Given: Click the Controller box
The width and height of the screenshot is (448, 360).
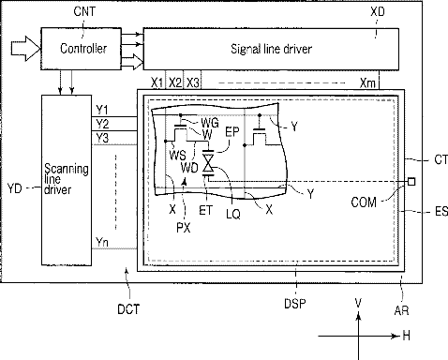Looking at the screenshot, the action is click(x=82, y=49).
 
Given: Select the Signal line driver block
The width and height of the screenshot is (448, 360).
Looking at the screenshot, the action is click(x=271, y=49).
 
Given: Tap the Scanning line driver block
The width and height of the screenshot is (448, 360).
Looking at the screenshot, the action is click(x=67, y=180).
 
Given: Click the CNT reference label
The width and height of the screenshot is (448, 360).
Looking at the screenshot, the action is click(x=84, y=11).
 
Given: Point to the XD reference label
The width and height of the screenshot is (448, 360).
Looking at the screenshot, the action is click(x=378, y=12).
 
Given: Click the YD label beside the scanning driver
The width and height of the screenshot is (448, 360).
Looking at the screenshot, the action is click(x=14, y=188).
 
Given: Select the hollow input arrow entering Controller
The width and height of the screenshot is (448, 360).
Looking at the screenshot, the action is click(x=25, y=49).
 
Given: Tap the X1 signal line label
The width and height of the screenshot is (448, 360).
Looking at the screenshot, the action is click(x=157, y=82).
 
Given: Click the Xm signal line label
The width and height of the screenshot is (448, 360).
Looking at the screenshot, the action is click(x=367, y=83).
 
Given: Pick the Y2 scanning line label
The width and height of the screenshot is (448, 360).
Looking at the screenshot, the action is click(x=102, y=124).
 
